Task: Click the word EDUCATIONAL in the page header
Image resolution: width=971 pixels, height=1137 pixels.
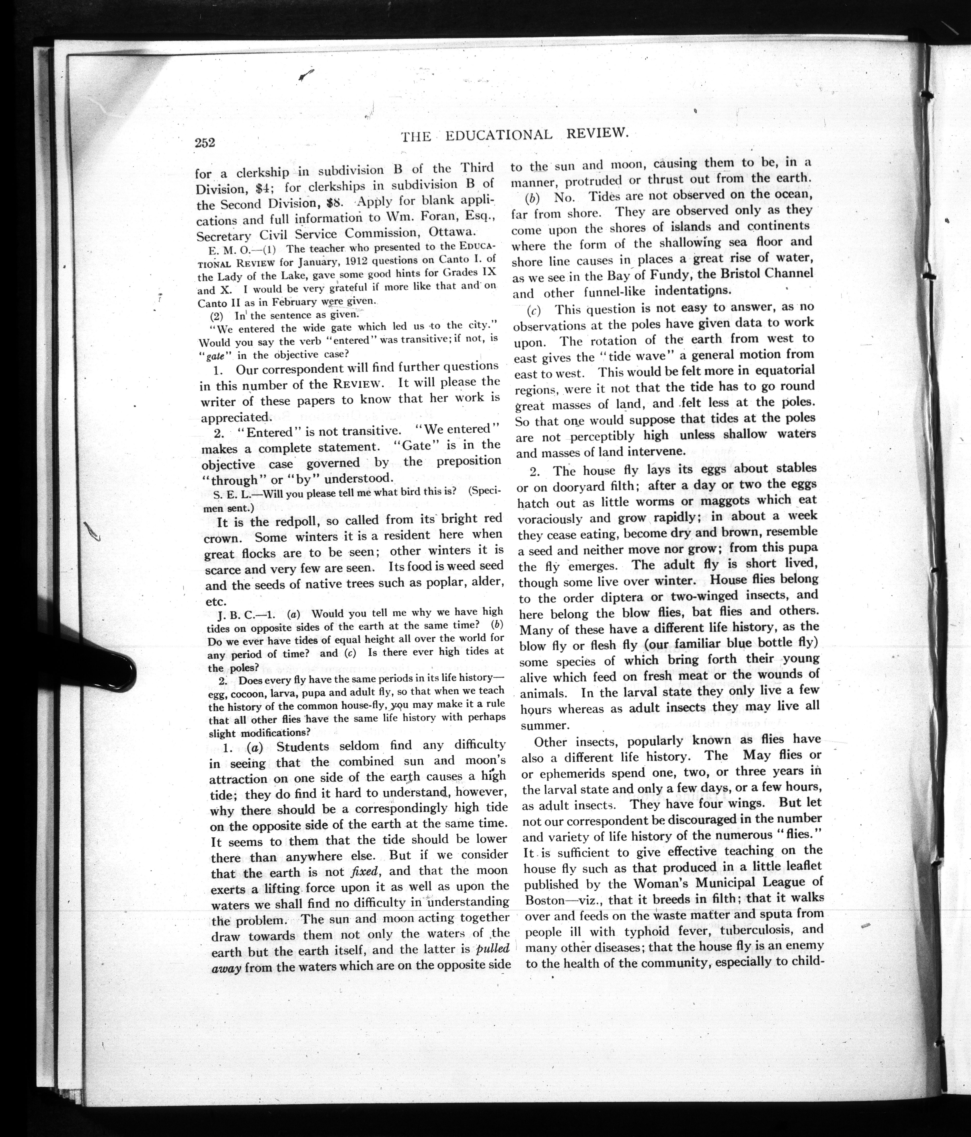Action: [x=498, y=135]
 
